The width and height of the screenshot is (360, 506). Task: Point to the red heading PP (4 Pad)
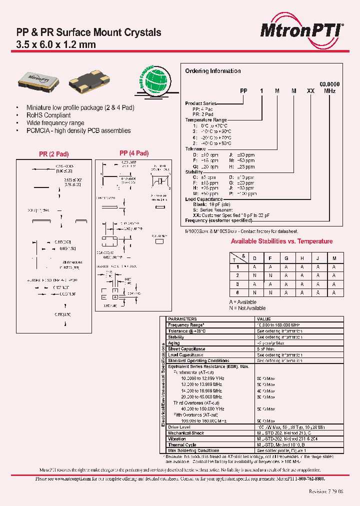(x=133, y=153)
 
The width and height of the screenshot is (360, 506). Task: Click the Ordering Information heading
(x=212, y=71)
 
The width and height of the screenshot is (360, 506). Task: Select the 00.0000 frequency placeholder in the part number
(x=329, y=84)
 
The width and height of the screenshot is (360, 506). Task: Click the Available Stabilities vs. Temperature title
(x=281, y=241)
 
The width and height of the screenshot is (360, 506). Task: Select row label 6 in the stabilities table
(x=237, y=292)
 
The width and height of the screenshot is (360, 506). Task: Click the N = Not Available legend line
(x=247, y=308)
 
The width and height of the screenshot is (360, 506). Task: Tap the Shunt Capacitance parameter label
(x=186, y=349)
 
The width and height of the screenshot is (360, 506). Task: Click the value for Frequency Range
(x=278, y=325)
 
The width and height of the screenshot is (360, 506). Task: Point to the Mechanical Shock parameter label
(x=186, y=433)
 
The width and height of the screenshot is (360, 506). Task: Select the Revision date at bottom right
(x=326, y=491)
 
